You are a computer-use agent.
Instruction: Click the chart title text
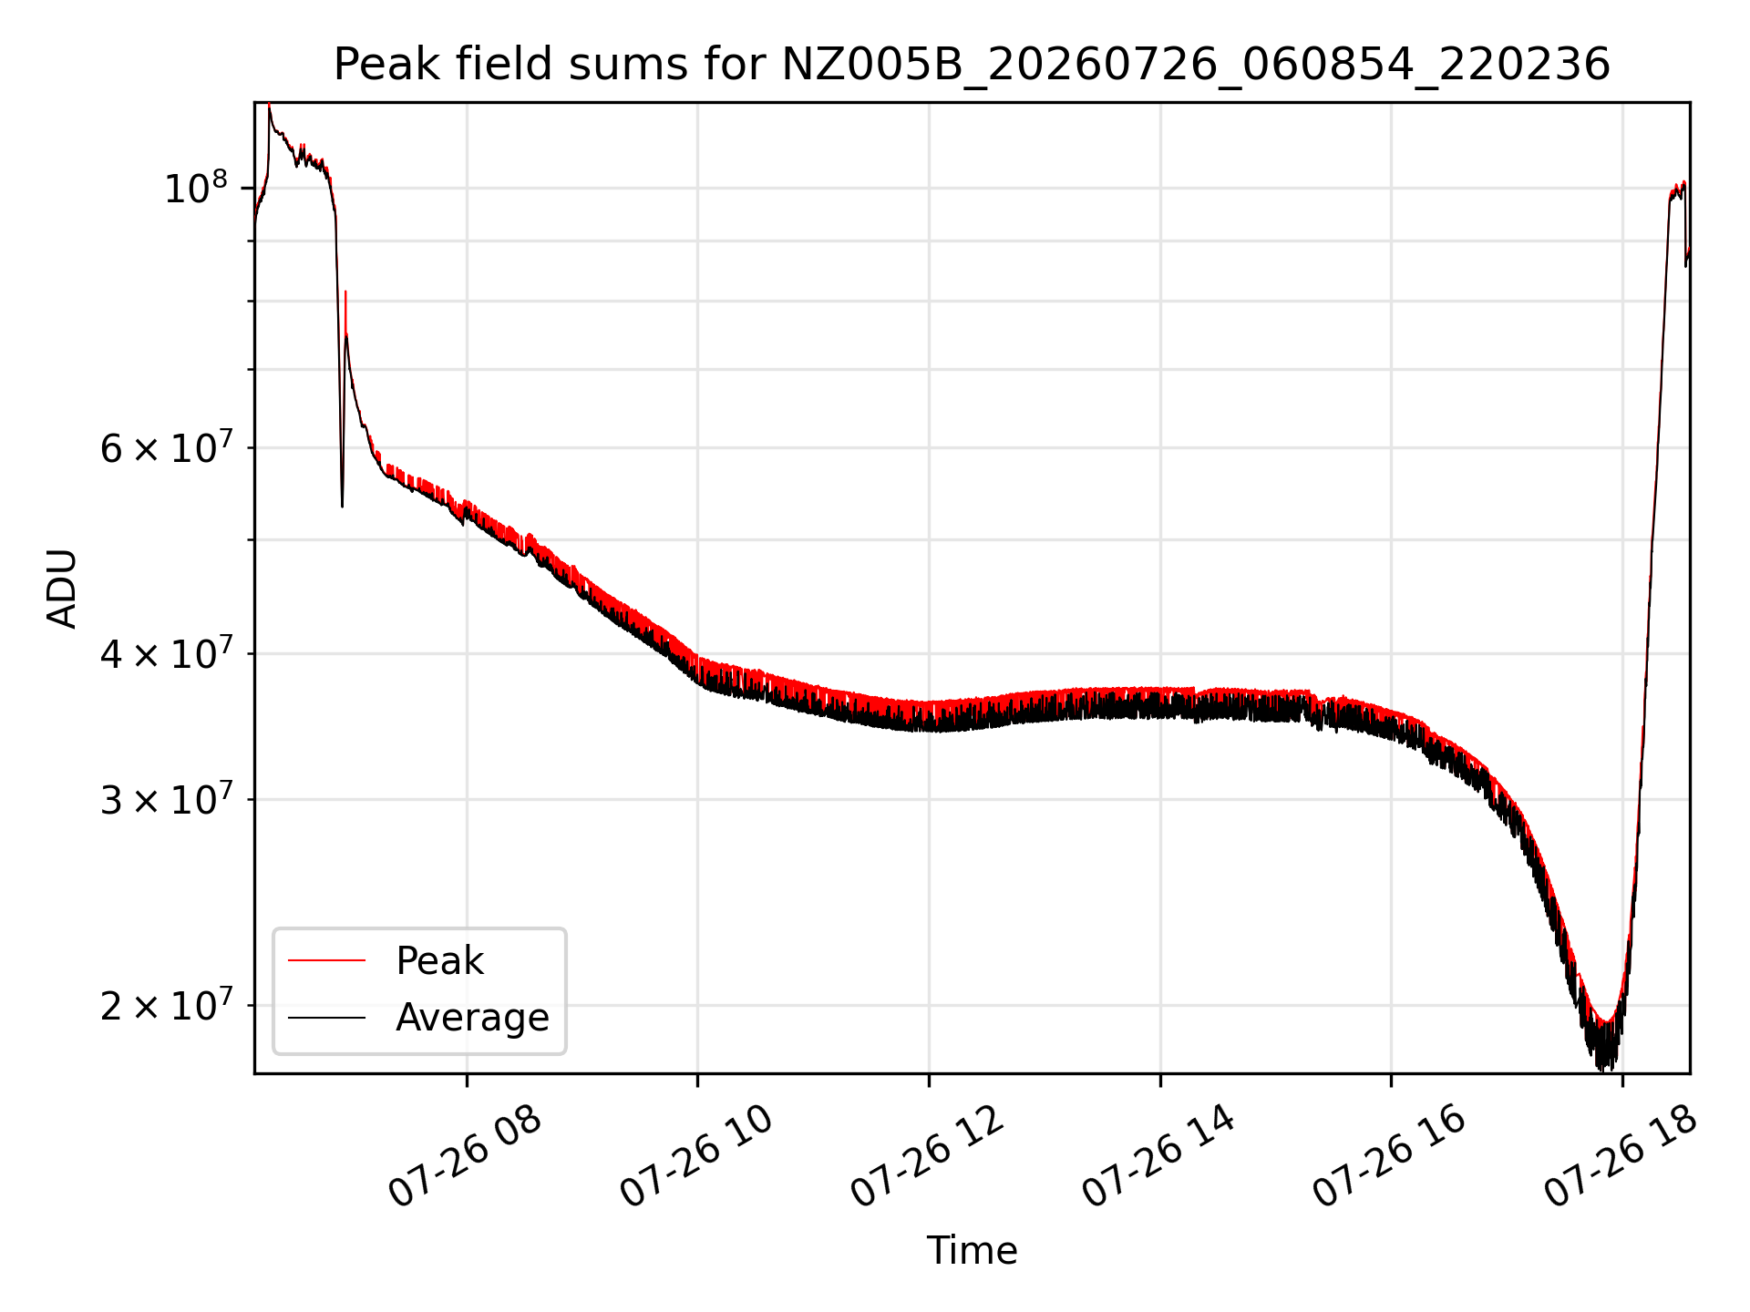click(x=972, y=65)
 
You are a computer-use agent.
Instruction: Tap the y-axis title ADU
click(x=62, y=588)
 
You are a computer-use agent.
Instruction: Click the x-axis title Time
click(x=972, y=1250)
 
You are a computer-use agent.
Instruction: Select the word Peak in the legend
click(x=439, y=961)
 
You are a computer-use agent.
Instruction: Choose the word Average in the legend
click(x=472, y=1018)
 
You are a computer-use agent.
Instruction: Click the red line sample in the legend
click(x=326, y=960)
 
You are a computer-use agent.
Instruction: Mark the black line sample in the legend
click(x=326, y=1018)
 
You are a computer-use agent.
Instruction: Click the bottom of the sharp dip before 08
click(x=342, y=507)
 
